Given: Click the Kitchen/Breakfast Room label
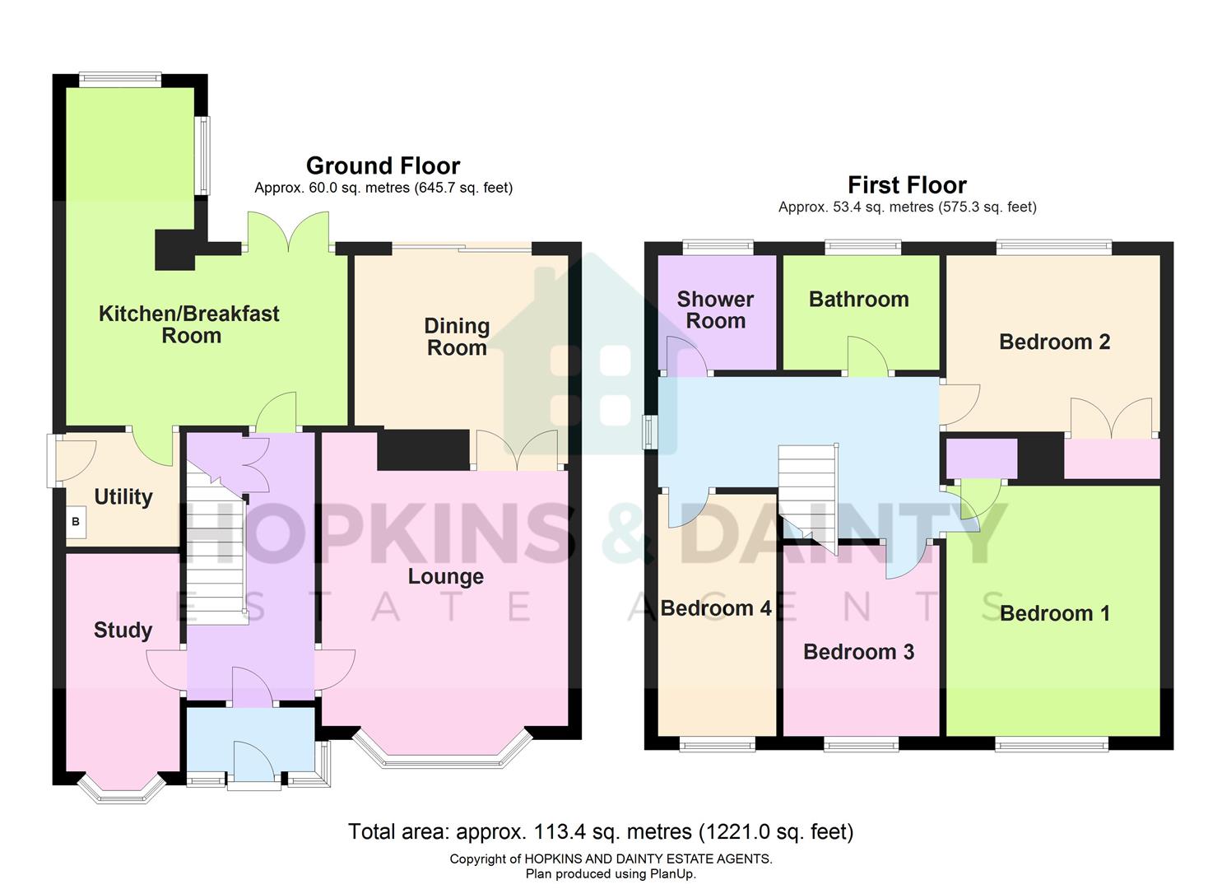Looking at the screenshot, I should click(x=189, y=324).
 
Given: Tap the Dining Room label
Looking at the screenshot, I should click(x=457, y=337).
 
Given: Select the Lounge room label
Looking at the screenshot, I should click(x=445, y=576).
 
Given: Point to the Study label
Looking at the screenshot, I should click(x=123, y=631).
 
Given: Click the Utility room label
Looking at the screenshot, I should click(x=123, y=497).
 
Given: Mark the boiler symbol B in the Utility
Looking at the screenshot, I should click(x=76, y=522).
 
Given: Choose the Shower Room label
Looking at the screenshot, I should click(x=715, y=310).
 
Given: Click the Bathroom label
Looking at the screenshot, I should click(x=858, y=300).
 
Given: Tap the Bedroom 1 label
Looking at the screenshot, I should click(x=1054, y=613).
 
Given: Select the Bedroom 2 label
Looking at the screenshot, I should click(x=1054, y=342).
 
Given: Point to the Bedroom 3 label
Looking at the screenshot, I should click(x=858, y=652).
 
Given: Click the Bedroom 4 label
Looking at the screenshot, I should click(x=716, y=608).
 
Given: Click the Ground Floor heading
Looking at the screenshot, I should click(x=383, y=165).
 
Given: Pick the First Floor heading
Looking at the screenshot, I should click(x=907, y=185).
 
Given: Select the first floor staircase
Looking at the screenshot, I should click(x=807, y=490).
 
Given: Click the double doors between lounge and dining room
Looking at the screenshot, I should click(x=518, y=451).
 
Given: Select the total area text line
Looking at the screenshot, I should click(x=601, y=832).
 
